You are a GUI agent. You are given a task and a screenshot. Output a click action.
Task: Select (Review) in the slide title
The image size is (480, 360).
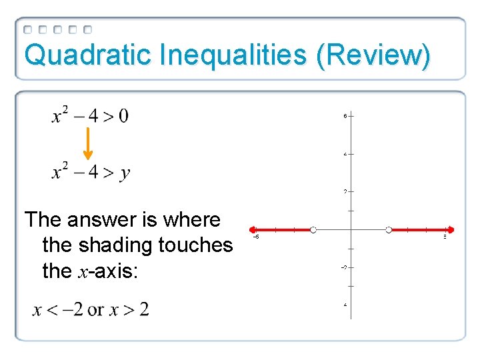(374, 55)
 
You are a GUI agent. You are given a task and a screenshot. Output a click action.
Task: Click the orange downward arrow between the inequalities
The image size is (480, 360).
(87, 145)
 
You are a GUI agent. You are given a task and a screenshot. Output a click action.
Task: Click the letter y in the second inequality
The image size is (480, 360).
(125, 174)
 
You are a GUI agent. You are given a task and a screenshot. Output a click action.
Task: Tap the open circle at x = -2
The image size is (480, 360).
(313, 230)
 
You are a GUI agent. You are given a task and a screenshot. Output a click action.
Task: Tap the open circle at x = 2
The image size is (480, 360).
(389, 230)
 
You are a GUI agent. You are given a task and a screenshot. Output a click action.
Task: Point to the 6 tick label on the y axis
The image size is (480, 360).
(345, 116)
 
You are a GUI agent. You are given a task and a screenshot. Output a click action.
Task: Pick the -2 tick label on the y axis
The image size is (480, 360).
(343, 267)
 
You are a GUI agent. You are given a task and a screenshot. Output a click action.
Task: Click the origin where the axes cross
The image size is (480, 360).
(351, 230)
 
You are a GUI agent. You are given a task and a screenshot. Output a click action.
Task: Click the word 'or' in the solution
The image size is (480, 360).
(96, 309)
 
